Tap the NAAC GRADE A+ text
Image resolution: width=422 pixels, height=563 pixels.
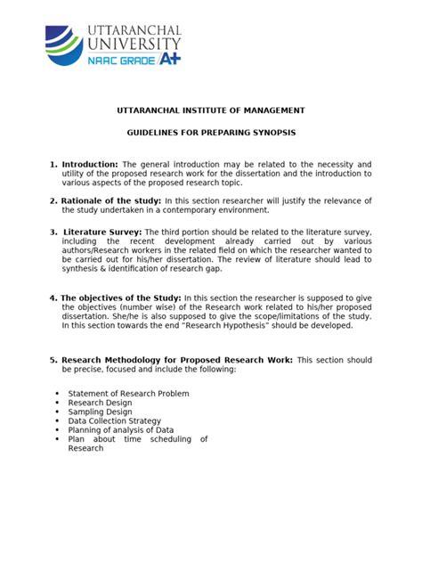click(134, 59)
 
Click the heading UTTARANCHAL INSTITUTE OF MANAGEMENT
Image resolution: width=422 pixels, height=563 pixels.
click(211, 110)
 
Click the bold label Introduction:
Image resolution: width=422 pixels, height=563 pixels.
click(89, 165)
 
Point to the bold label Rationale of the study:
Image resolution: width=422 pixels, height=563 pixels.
click(111, 201)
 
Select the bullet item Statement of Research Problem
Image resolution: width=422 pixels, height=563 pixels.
click(128, 393)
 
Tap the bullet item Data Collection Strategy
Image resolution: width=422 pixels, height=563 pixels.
click(115, 420)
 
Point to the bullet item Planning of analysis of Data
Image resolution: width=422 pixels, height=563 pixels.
click(120, 429)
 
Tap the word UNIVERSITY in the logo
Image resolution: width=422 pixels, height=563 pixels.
click(135, 42)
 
